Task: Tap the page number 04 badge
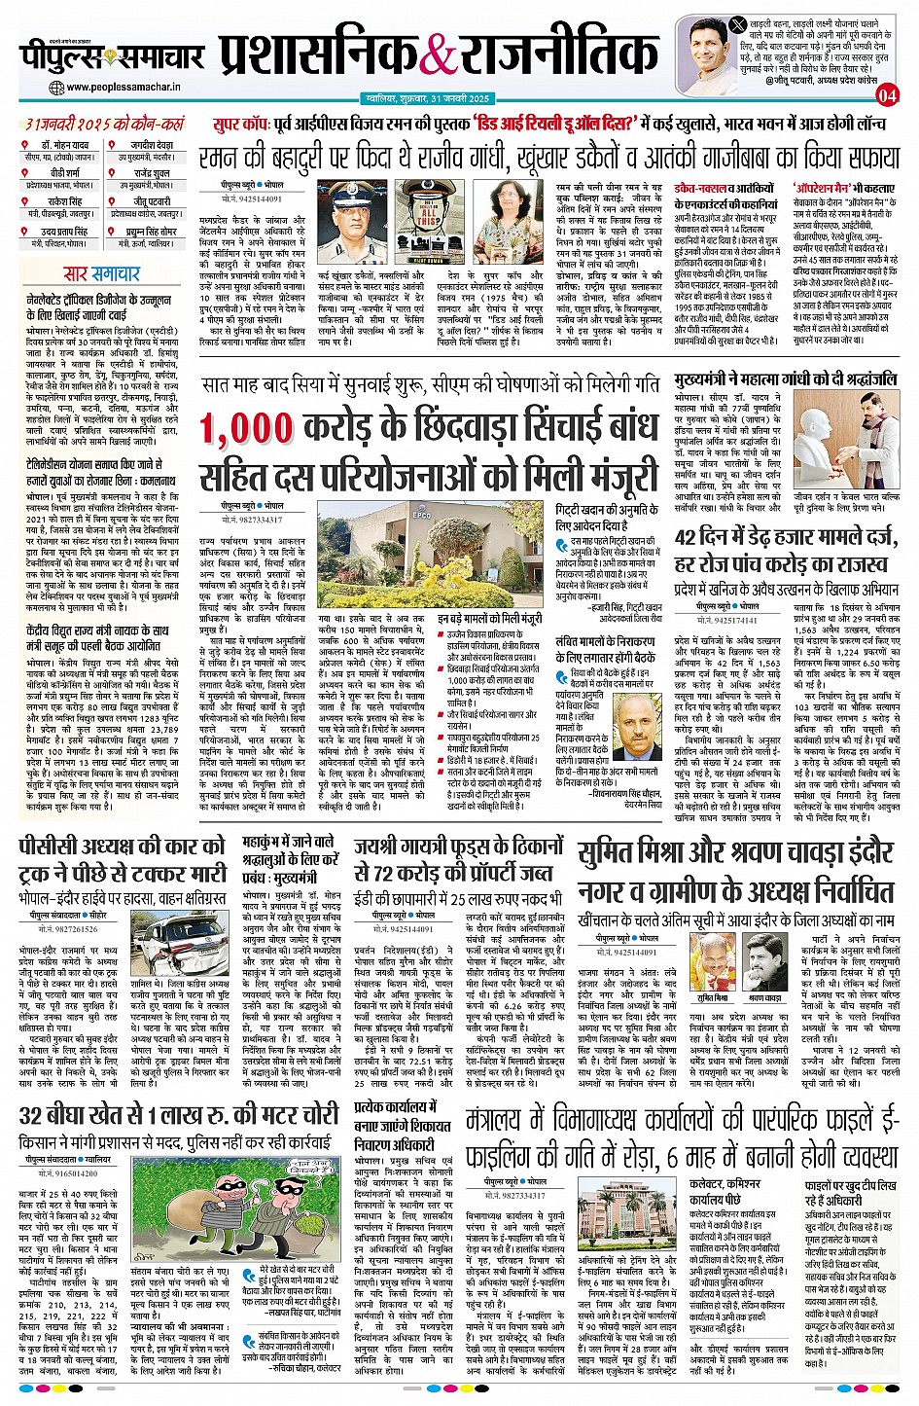click(x=886, y=95)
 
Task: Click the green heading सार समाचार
click(x=101, y=273)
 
